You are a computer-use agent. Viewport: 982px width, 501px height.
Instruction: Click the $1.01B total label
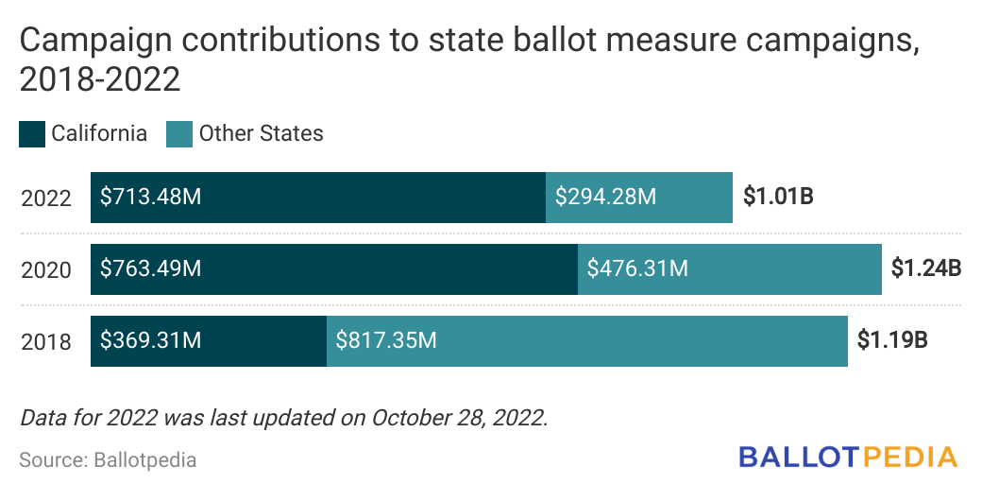click(778, 198)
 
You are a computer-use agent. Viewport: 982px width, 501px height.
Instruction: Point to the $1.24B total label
click(925, 268)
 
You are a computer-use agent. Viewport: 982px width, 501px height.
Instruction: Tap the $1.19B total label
click(892, 340)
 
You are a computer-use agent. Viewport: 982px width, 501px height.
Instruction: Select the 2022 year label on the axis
click(46, 199)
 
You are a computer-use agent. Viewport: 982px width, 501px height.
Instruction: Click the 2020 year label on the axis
click(46, 270)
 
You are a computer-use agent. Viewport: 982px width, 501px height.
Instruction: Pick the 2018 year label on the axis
click(46, 341)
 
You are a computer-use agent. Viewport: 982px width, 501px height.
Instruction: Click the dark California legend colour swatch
click(32, 134)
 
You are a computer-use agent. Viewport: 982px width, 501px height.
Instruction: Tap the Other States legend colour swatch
click(179, 134)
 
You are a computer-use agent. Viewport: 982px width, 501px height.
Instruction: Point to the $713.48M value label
click(151, 198)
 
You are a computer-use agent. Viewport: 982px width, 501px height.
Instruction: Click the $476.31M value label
click(637, 269)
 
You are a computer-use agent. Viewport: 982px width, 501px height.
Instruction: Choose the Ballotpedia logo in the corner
click(848, 458)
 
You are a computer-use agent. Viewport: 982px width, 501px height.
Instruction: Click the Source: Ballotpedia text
click(108, 460)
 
